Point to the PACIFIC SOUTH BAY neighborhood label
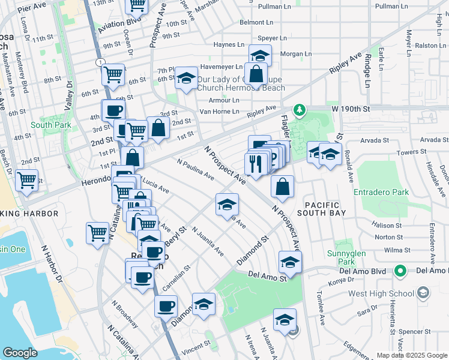point(327,205)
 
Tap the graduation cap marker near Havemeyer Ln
point(260,56)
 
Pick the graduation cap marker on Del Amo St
point(290,262)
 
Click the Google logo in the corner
point(20,353)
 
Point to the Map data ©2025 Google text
point(411,355)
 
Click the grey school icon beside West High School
point(423,293)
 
